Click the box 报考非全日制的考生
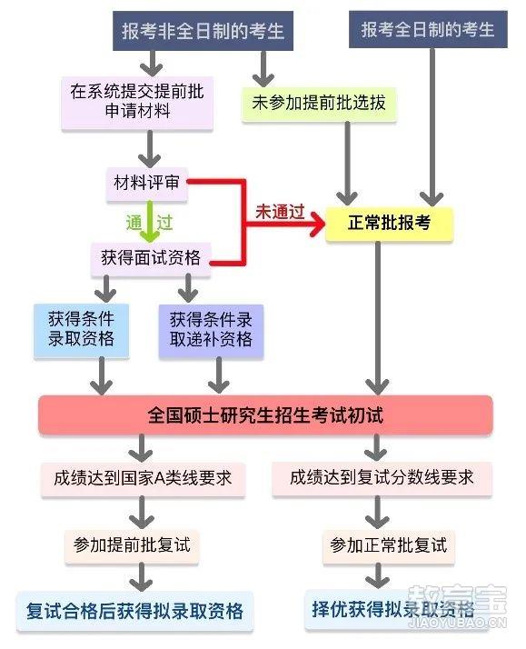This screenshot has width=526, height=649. [203, 31]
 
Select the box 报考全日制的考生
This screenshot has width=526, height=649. [428, 29]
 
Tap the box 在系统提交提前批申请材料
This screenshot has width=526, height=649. [137, 102]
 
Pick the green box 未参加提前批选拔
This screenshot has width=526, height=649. [319, 104]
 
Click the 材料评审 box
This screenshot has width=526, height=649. [147, 184]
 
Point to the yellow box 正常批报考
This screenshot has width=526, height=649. [389, 224]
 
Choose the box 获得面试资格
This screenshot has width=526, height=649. [151, 259]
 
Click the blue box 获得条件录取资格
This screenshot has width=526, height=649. [82, 330]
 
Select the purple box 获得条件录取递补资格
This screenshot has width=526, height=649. [211, 331]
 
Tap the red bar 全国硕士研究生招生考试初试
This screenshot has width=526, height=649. [265, 414]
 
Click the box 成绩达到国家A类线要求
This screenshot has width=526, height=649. [143, 479]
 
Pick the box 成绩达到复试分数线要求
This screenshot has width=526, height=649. [382, 478]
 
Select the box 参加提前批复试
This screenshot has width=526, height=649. [132, 545]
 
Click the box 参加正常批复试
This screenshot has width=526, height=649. [389, 545]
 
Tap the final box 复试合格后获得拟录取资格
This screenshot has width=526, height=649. [134, 611]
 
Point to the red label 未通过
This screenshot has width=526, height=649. [280, 212]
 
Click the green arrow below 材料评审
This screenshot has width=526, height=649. [149, 222]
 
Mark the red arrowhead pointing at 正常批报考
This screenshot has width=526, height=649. [318, 224]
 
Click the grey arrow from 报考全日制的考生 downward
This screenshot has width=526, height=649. [432, 127]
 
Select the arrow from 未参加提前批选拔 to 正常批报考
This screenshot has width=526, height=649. [347, 164]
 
